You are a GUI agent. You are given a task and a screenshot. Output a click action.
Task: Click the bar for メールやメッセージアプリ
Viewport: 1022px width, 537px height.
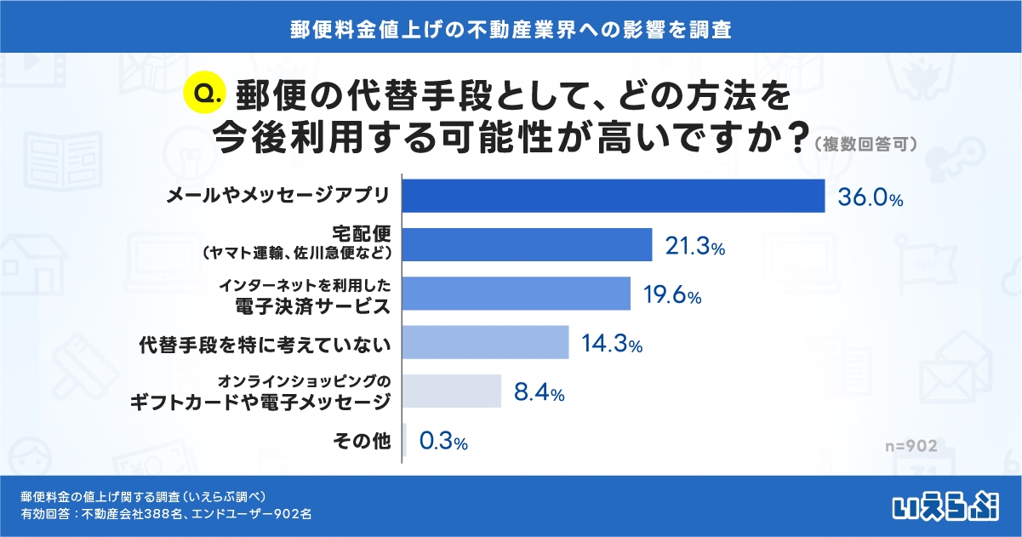(613, 196)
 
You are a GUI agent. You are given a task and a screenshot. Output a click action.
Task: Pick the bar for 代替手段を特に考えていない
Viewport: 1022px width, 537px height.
(484, 343)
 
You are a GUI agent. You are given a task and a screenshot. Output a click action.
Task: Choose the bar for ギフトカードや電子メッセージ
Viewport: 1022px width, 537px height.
(450, 391)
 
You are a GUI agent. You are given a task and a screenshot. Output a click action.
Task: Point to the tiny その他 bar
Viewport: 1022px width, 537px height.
(404, 440)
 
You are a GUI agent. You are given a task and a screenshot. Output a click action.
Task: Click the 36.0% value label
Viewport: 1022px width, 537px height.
(870, 198)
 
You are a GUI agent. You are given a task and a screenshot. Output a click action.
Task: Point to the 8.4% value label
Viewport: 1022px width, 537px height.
(539, 393)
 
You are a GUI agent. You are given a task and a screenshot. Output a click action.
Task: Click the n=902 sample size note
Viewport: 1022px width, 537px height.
(910, 446)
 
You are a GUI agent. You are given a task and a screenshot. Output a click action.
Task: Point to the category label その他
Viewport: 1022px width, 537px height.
(368, 441)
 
